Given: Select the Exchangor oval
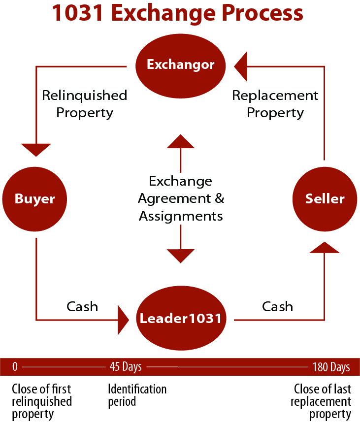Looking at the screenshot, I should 180,65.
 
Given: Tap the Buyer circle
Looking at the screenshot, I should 34,199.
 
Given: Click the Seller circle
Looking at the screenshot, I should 325,199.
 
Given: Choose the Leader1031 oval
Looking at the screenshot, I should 180,319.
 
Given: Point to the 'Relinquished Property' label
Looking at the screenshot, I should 84,104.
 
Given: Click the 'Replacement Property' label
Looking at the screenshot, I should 275,104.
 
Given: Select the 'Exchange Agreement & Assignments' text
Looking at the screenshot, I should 181,198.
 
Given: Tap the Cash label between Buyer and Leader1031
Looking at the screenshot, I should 82,306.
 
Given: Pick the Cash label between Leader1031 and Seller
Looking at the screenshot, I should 277,306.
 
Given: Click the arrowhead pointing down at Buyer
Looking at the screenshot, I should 36,149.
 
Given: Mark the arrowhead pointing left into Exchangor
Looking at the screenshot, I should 241,65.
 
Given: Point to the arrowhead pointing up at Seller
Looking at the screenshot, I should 325,247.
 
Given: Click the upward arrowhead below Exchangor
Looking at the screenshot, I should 181,141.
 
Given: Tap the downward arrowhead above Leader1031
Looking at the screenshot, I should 181,256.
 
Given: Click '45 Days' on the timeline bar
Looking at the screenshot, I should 126,367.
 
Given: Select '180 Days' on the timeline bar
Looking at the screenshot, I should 331,367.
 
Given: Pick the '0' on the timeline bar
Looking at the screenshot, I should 15,367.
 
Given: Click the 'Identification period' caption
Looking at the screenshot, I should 137,395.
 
